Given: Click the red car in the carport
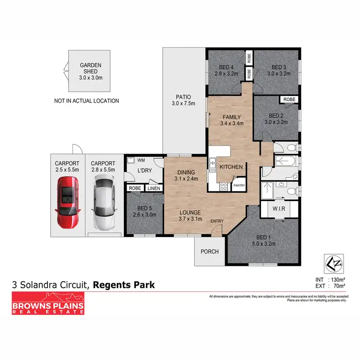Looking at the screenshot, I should [67, 202].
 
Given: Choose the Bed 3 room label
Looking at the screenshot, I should [278, 71].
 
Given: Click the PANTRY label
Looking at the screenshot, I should [239, 184].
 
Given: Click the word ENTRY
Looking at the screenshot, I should [217, 221].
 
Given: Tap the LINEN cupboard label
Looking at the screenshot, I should [153, 189].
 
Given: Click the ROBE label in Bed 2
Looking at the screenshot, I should [289, 99].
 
